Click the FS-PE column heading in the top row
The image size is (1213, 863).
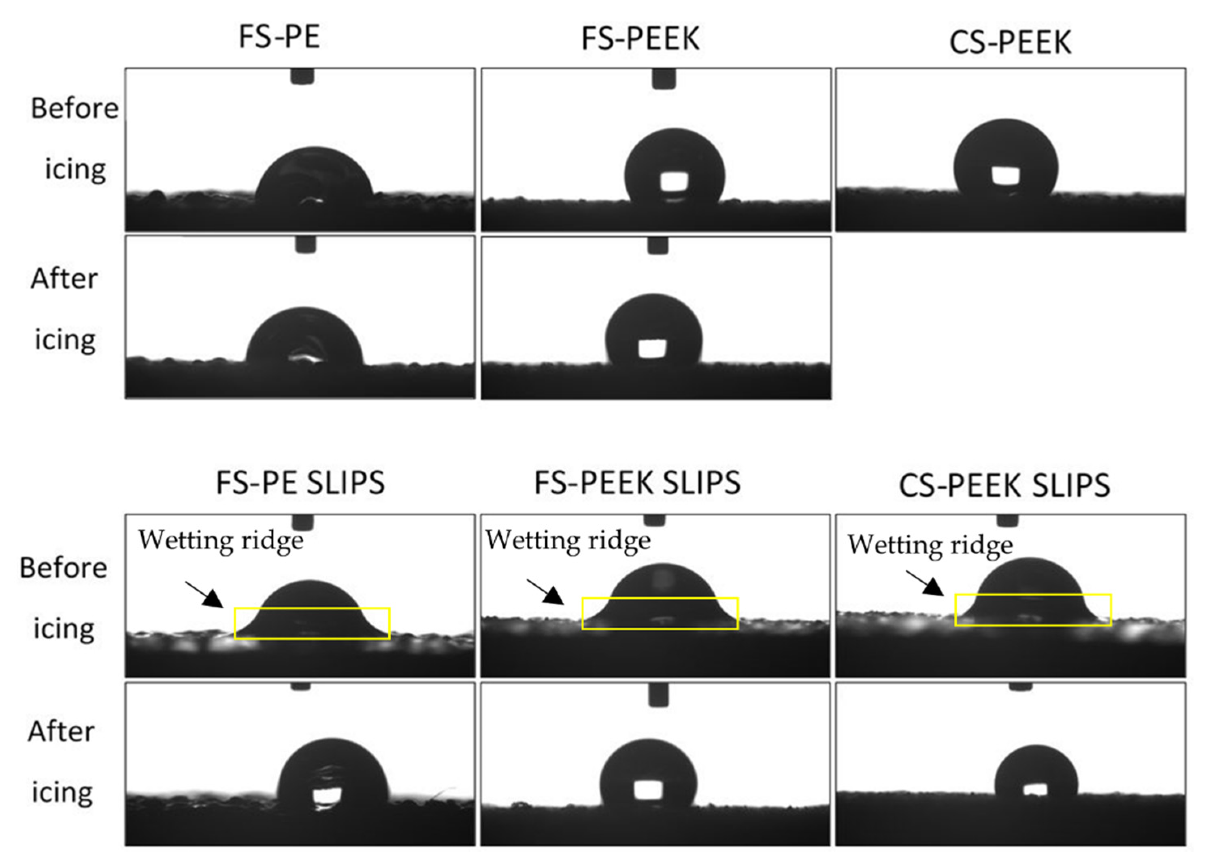point(279,37)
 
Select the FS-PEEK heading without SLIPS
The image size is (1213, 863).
point(640,38)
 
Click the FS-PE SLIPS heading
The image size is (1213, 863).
point(300,483)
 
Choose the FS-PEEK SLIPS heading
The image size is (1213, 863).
point(637,483)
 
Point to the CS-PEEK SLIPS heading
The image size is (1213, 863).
point(1004,485)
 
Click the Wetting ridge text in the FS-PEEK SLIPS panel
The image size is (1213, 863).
point(568,540)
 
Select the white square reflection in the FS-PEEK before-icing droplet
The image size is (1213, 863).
point(674,182)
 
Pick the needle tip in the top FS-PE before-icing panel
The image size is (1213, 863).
point(302,77)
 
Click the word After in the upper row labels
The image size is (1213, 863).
point(64,278)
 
